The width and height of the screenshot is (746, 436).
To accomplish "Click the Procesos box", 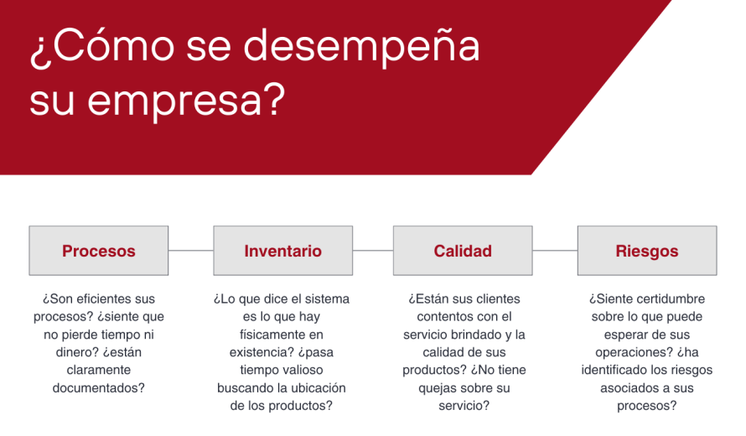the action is point(98,251).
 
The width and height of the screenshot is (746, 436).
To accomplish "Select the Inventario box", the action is point(283,251).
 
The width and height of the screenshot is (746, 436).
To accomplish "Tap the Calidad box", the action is point(463,251).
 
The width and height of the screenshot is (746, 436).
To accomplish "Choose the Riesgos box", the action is point(647,251).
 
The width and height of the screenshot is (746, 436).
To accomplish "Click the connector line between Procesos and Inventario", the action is point(191,251).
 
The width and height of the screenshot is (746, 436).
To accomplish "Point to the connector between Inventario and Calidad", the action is point(373,251).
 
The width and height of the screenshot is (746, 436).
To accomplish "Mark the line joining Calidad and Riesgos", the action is point(555,251).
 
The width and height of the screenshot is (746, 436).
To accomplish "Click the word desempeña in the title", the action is point(361,47).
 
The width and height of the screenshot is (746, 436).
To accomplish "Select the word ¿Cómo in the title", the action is point(102,47).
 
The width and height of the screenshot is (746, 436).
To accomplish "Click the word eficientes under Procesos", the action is point(103,299).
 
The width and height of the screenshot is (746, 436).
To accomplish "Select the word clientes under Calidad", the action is point(495,299).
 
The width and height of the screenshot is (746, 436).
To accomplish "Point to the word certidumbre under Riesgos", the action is point(671,299).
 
